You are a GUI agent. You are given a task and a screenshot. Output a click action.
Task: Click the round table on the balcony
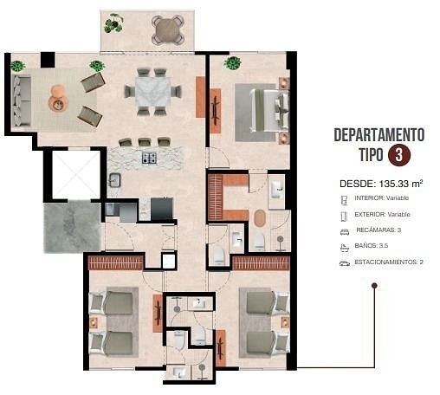coord(168,29)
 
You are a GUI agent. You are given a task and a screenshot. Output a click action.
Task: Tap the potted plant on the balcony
coord(113,23)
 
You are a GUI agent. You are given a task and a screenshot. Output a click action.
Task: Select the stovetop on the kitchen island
coord(149,158)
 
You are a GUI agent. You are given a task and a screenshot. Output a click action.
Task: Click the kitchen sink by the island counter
coord(114,180)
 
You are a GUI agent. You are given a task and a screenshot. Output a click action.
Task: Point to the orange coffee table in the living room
coord(59,98)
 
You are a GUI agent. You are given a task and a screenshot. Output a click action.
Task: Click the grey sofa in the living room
coord(21,100)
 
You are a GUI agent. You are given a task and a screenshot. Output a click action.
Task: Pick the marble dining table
coord(153,92)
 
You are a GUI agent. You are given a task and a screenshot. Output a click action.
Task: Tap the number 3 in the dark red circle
coord(399,155)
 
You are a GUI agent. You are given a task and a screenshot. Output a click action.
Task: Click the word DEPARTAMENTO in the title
coord(379,135)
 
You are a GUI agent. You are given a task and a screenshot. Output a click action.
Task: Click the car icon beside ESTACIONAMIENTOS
coord(344,263)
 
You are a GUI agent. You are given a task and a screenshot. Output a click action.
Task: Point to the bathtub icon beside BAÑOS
coord(345,248)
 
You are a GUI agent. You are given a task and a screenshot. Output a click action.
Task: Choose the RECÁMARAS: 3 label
coord(379,230)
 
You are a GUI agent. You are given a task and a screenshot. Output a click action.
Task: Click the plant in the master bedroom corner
coord(232,63)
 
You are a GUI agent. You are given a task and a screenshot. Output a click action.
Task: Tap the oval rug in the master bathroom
coord(260,218)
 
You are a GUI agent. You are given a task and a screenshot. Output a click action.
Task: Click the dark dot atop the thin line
coord(374,286)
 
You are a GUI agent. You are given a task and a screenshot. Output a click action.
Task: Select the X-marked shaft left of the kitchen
coord(75,174)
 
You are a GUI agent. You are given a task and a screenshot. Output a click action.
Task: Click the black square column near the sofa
coord(48,60)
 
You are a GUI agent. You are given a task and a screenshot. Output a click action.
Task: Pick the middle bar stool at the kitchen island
coord(145,142)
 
